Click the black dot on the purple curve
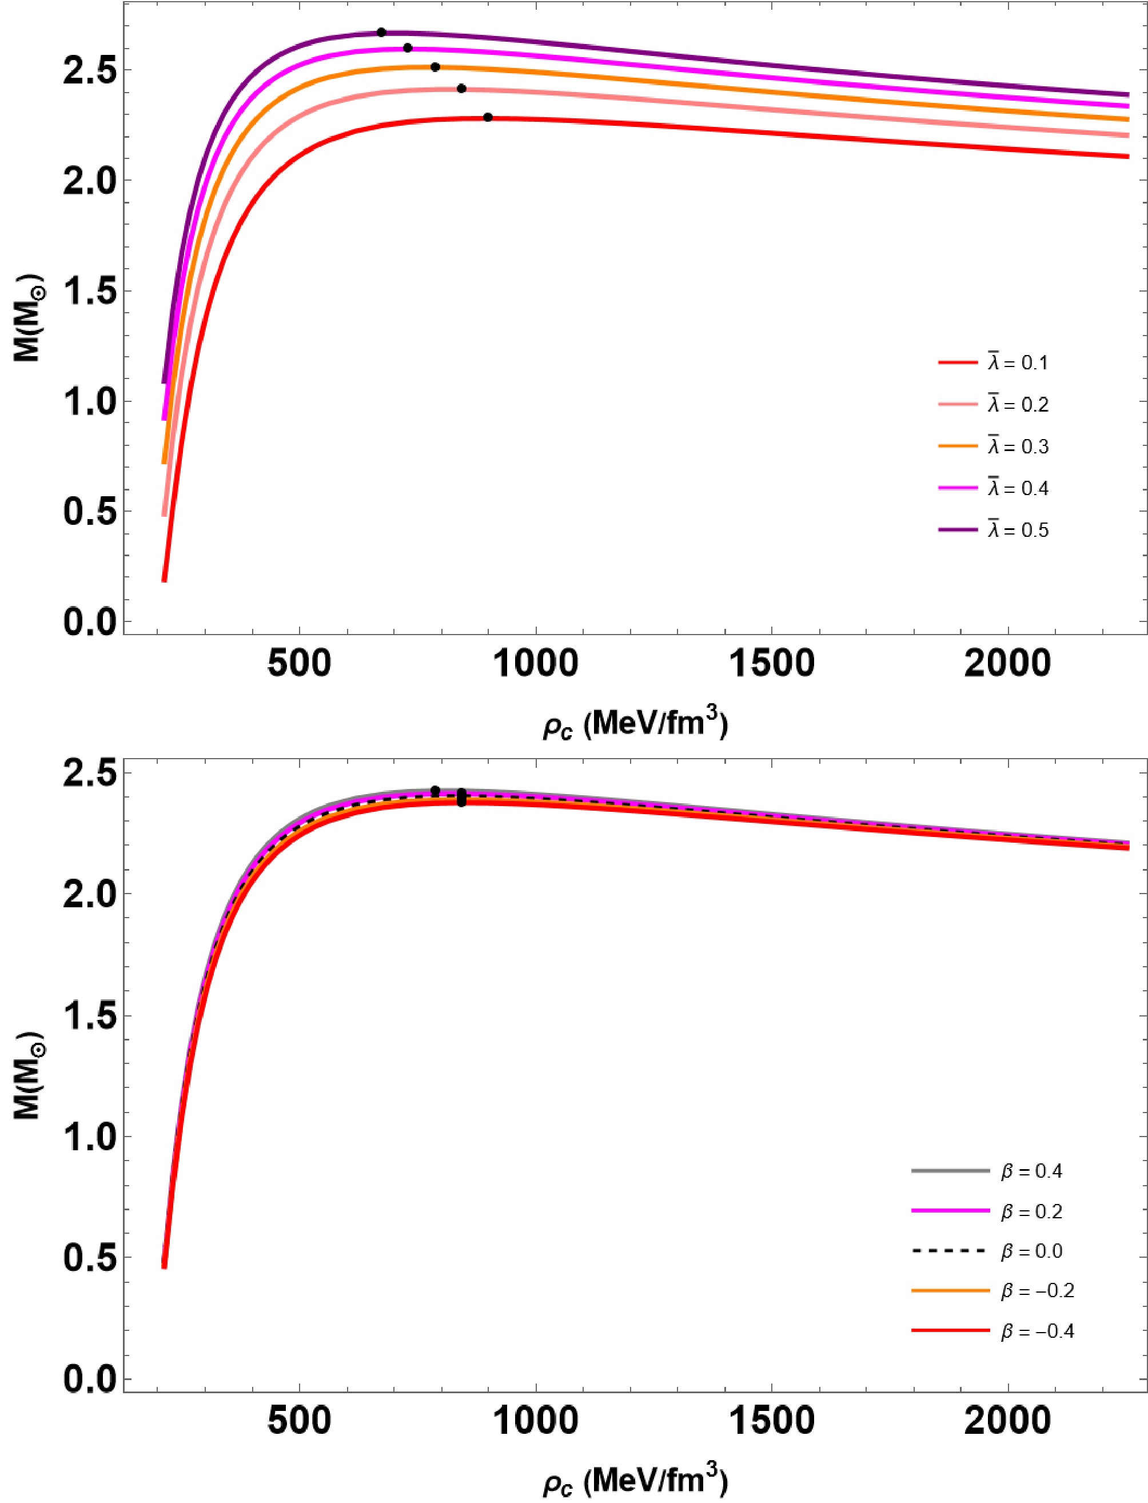[x=381, y=32]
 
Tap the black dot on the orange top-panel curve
[x=435, y=67]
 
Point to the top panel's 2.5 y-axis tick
[x=125, y=70]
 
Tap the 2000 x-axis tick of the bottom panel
[x=1008, y=1392]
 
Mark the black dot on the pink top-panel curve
[x=461, y=88]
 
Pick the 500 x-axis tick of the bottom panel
[x=300, y=1392]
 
